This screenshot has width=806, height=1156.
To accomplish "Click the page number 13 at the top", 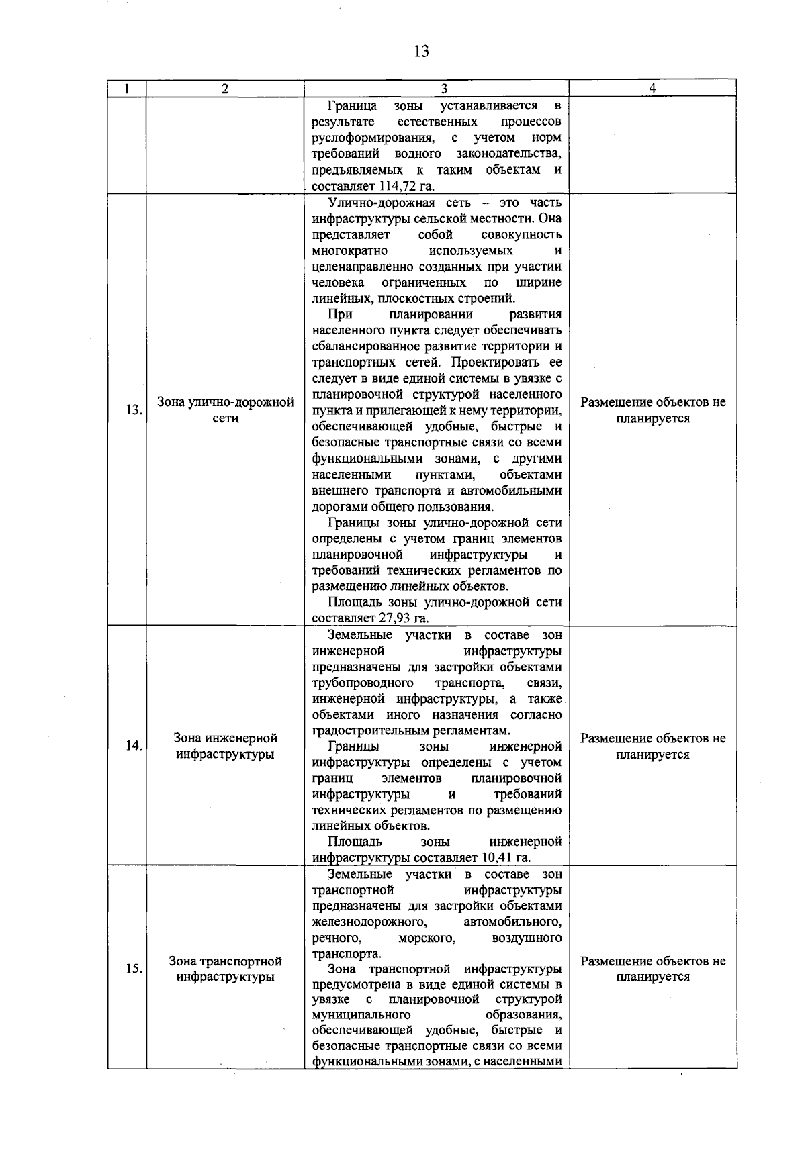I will coord(422,52).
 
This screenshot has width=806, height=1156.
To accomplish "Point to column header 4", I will coord(652,89).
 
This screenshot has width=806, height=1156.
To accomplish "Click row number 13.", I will coord(134,410).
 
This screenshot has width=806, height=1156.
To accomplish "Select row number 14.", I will coord(134,746).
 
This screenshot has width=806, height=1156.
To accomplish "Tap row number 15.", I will coord(134,969).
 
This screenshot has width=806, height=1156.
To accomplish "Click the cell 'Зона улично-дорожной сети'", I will coord(225,410).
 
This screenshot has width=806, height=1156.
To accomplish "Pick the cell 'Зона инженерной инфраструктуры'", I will coord(225,746).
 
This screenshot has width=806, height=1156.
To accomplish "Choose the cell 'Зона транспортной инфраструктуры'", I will coord(225,969).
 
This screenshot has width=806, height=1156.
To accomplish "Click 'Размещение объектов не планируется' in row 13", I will coord(652,410).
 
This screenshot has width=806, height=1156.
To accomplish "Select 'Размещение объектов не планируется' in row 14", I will coord(652,746).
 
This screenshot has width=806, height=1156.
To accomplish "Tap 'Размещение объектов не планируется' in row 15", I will coord(652,969).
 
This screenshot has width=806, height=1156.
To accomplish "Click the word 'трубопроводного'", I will coord(363,683).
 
